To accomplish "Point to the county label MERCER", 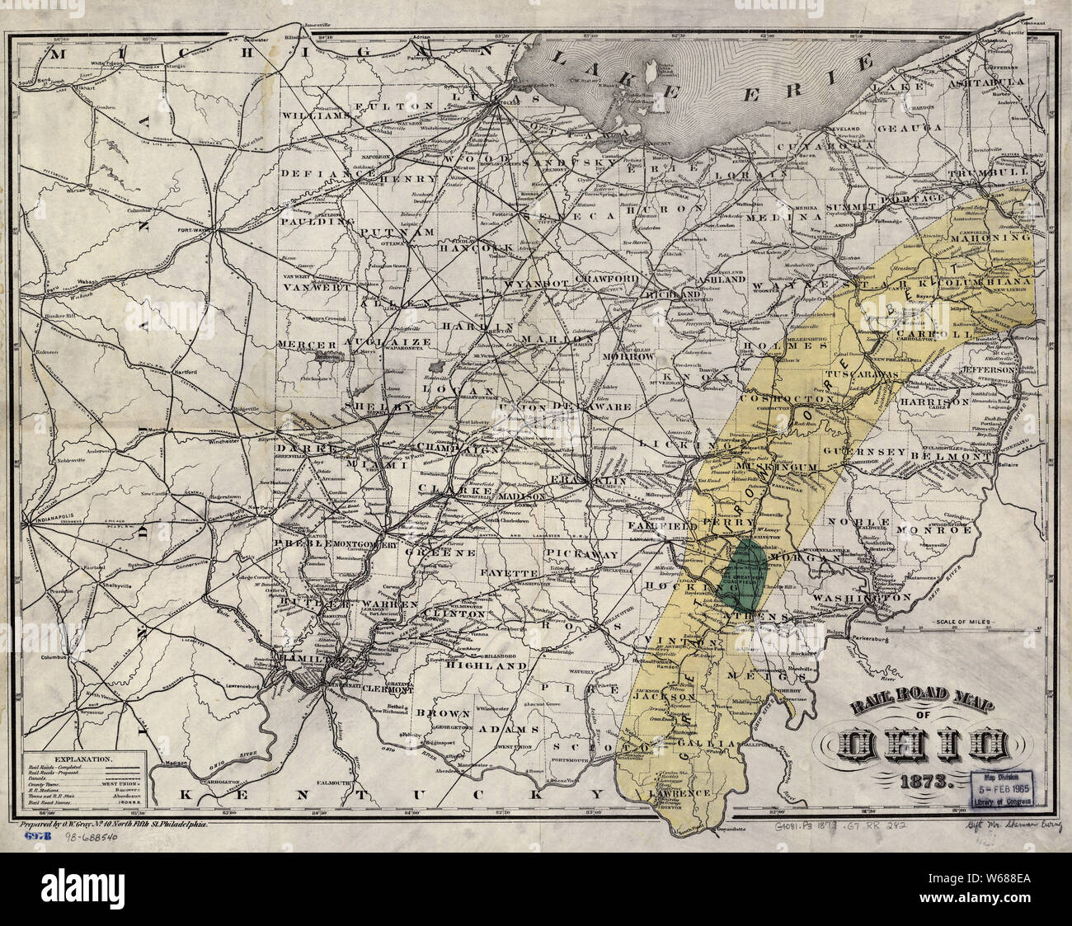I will [x=307, y=344].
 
